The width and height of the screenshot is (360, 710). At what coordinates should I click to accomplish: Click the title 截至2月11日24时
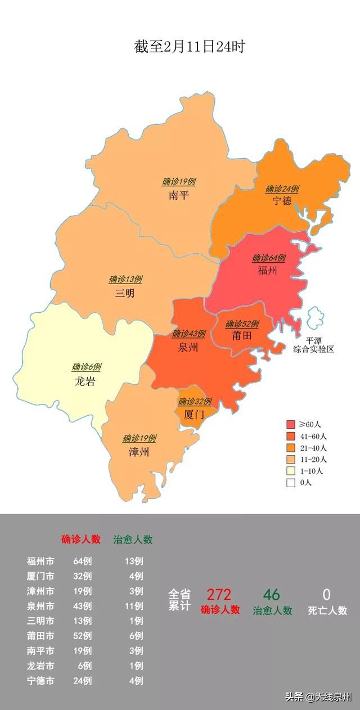[189, 47]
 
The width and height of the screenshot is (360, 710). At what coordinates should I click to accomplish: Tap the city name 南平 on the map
[179, 196]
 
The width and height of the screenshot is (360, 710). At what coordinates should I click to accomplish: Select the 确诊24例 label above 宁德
[282, 189]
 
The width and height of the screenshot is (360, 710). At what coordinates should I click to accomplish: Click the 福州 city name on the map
[267, 271]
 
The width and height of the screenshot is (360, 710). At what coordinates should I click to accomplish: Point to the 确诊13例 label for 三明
[125, 279]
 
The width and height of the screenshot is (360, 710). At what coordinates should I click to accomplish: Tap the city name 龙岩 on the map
[85, 381]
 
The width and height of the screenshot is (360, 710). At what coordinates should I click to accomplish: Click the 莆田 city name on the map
[241, 336]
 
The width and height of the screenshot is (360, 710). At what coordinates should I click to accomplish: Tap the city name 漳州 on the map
[138, 452]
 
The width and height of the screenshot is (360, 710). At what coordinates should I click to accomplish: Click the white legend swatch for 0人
[291, 482]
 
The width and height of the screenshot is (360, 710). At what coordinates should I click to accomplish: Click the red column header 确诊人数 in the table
[80, 540]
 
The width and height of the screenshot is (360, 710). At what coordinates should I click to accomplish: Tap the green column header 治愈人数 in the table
[133, 540]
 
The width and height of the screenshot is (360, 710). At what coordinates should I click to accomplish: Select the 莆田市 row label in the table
[40, 651]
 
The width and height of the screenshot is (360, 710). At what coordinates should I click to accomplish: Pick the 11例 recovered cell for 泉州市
[134, 606]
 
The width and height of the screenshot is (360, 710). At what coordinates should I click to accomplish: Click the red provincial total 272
[218, 595]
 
